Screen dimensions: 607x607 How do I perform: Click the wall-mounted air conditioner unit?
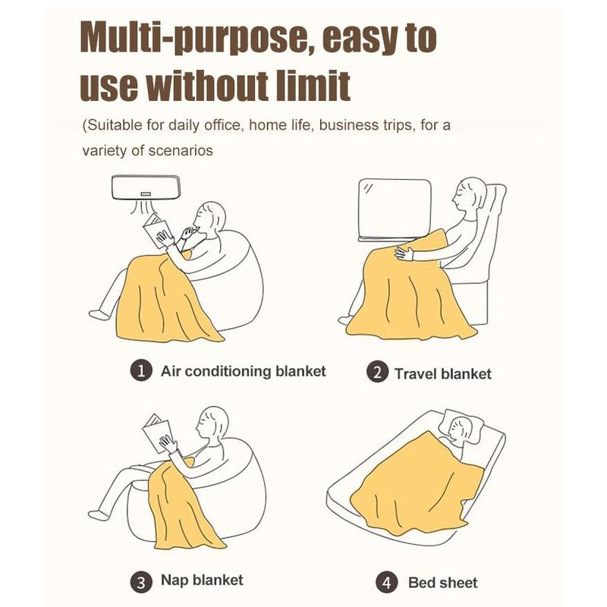pos(146,187)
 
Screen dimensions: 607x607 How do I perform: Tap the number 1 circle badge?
pos(140,371)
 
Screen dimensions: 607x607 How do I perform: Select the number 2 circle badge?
pos(376,372)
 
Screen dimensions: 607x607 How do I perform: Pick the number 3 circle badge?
pos(141,582)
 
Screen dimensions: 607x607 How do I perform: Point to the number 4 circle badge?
pos(387,583)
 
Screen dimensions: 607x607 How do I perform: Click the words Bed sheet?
pos(443,583)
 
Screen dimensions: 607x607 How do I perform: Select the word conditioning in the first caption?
pos(231,372)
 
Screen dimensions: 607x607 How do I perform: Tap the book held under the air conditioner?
pos(156,231)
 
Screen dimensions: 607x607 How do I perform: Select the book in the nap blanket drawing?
pos(158,433)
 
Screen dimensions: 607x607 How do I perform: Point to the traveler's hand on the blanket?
pos(404,253)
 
